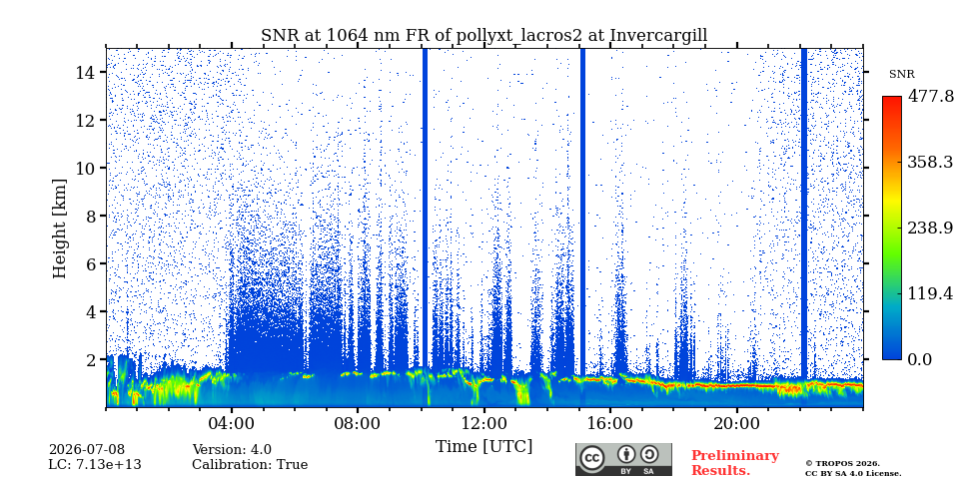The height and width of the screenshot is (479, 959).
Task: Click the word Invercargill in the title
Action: coord(658,36)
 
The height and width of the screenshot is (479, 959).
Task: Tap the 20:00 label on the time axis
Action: coord(736,424)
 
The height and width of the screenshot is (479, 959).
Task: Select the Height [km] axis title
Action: coord(59,229)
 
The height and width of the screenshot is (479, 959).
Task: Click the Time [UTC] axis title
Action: coord(483,447)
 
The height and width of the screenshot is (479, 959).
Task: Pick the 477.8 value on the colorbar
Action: coord(930,97)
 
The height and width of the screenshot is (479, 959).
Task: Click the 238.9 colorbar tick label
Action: coord(930,228)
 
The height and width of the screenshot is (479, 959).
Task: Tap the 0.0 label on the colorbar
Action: coord(920,359)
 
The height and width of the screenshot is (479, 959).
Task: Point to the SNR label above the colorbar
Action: coord(901,75)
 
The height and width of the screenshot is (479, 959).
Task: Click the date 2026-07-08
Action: coord(87,450)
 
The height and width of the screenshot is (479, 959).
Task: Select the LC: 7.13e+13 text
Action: coord(95,465)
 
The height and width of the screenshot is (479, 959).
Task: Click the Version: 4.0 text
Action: coord(232,450)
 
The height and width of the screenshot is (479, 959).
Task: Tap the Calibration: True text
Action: coord(250,465)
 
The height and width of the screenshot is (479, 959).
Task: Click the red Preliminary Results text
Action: coord(735,463)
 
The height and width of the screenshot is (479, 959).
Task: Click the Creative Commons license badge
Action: coord(623,459)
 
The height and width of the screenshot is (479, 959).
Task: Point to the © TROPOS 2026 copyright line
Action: coord(842,464)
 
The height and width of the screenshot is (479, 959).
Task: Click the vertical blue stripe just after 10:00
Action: coord(426,210)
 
